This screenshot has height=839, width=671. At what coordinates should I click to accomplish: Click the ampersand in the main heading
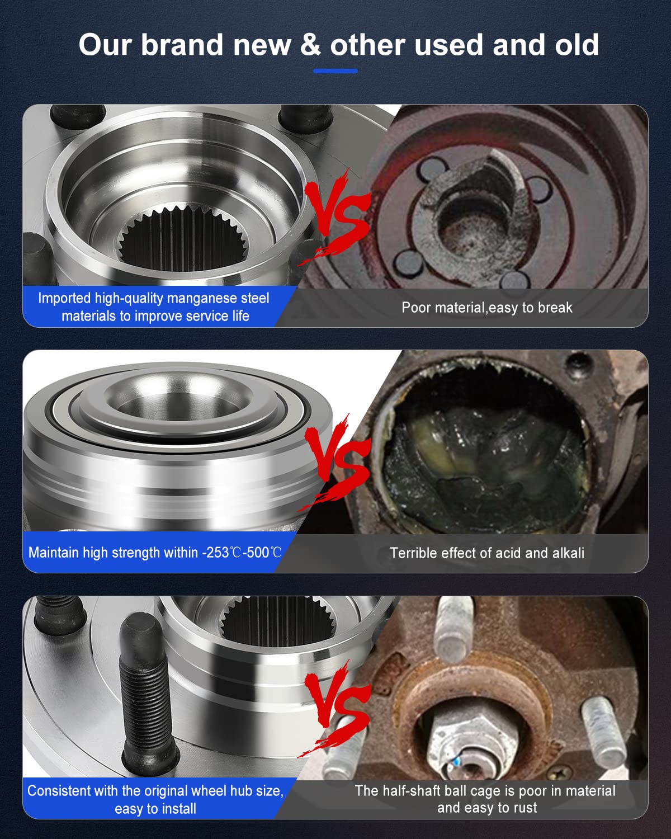tap(310, 45)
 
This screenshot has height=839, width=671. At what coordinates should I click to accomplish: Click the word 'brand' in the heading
tap(182, 45)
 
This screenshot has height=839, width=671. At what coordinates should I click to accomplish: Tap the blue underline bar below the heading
tap(335, 71)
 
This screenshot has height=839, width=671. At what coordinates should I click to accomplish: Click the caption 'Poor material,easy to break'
tap(486, 308)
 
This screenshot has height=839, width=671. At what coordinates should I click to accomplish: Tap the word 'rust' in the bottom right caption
tap(524, 808)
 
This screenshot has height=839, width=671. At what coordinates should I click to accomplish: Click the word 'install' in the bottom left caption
tap(178, 809)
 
